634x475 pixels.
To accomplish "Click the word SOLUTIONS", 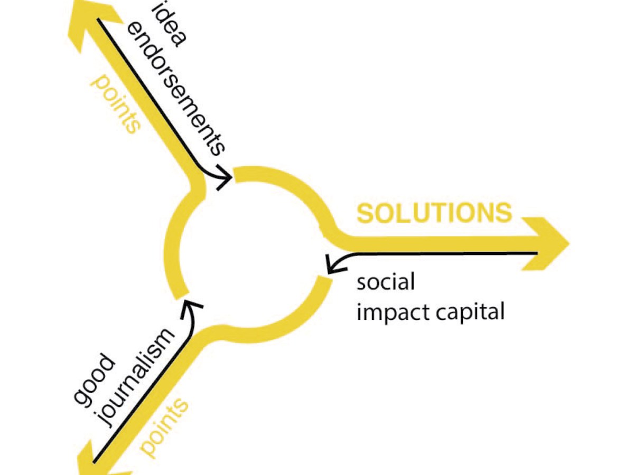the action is (434, 213).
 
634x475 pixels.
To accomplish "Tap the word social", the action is (386, 281).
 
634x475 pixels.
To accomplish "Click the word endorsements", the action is (175, 90).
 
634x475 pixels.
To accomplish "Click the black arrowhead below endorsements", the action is (224, 177).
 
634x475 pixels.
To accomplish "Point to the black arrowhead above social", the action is (335, 264).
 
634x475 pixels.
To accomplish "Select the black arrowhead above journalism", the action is (191, 308).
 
